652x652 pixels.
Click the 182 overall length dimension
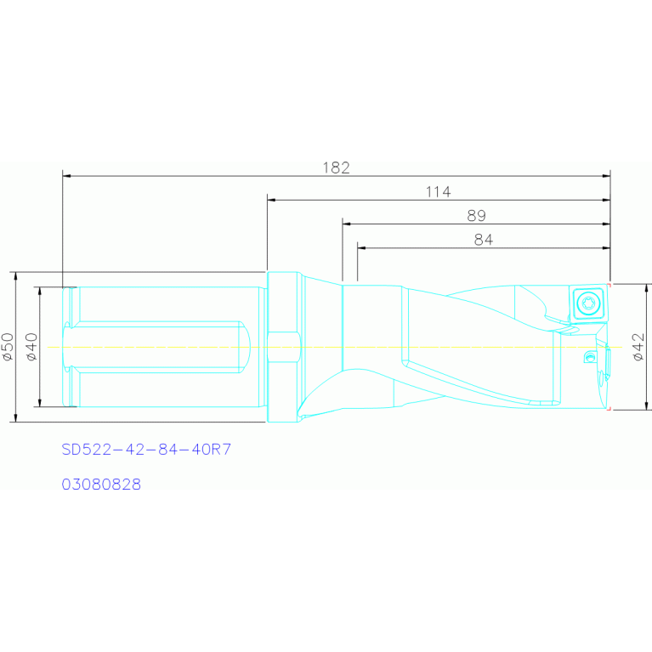(336, 167)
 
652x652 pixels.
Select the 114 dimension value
(438, 192)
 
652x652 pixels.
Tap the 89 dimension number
(476, 215)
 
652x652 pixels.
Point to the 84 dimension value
(483, 240)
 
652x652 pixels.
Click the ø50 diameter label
(8, 346)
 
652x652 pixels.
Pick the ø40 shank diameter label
(31, 346)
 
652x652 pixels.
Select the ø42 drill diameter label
(638, 346)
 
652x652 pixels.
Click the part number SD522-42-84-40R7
(146, 449)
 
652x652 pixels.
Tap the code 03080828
(101, 484)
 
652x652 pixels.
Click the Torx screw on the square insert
(587, 303)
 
